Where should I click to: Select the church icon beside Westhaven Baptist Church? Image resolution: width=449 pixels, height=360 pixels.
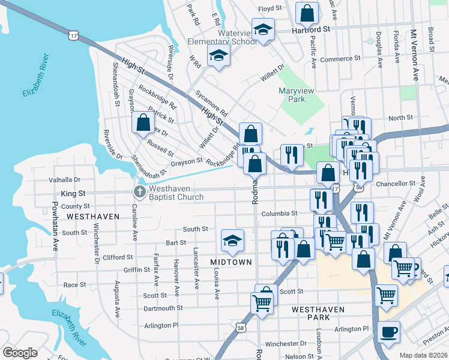139,192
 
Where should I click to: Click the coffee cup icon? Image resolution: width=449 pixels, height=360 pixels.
389,331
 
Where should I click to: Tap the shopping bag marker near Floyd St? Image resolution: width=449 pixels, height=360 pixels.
307,12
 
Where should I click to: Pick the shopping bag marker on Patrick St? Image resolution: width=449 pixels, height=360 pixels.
143,122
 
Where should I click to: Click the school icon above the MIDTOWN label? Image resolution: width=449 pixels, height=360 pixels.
232,241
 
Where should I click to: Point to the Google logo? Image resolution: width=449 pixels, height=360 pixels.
20,353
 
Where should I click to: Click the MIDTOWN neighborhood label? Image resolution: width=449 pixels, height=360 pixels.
229,263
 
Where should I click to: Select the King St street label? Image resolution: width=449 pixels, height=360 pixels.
73,194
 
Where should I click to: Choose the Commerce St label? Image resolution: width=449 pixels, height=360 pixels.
340,59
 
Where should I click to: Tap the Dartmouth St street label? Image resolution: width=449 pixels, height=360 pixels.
163,308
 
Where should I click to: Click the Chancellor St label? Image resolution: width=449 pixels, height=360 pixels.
396,183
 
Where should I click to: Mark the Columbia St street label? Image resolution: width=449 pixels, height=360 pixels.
279,213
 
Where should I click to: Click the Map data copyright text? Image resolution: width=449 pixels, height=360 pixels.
423,355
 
